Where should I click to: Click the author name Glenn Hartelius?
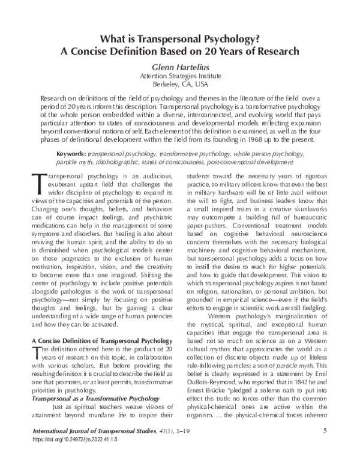[180, 67]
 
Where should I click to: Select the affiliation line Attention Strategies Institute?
[180, 76]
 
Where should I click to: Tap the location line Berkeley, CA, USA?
[180, 85]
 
